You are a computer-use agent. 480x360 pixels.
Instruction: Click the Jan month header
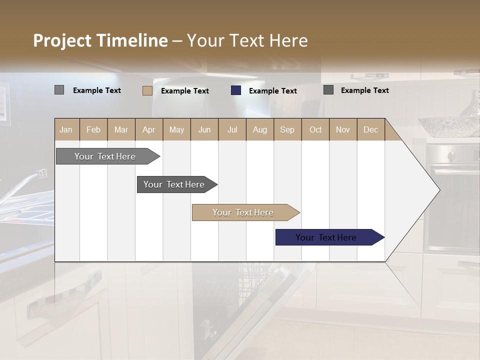(x=66, y=129)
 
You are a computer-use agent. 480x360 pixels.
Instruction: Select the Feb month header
(x=93, y=129)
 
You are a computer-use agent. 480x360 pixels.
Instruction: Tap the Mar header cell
(x=121, y=129)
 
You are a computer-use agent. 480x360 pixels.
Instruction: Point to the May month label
(x=176, y=129)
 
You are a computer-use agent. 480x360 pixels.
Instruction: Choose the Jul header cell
(x=232, y=129)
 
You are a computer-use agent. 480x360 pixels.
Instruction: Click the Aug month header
(x=259, y=129)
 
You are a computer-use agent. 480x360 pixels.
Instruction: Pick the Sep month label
(x=287, y=129)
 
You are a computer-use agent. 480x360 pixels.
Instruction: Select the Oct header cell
(x=315, y=129)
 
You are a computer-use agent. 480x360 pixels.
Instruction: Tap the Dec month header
(x=370, y=129)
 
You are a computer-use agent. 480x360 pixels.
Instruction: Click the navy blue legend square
(x=236, y=90)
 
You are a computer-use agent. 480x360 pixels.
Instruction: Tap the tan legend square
(x=147, y=90)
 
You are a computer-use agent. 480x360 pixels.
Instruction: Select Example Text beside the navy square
(x=272, y=91)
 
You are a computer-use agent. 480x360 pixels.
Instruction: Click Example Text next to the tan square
(x=184, y=91)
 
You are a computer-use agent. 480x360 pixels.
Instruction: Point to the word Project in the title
(x=62, y=40)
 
